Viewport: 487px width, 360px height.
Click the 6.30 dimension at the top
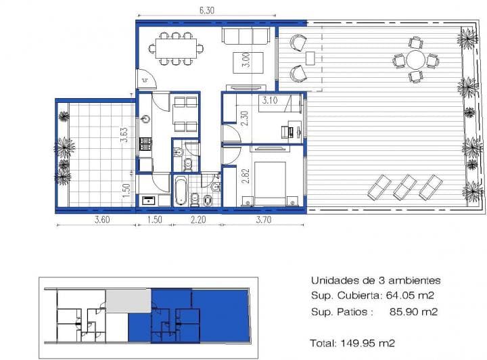pos(206,11)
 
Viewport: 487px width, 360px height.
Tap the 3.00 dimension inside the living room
pos(246,62)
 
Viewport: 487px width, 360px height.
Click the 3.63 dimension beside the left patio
pos(124,135)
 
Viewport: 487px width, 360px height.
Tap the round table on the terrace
pos(415,60)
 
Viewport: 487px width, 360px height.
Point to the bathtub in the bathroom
pos(180,192)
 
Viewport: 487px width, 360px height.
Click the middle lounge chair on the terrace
pos(404,186)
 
